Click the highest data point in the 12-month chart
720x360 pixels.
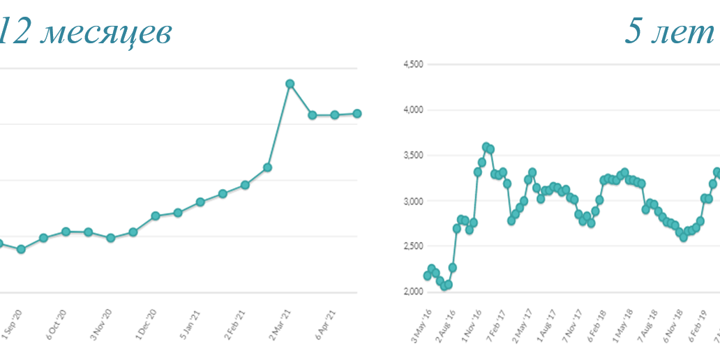pyautogui.click(x=290, y=84)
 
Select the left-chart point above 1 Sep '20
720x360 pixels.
pyautogui.click(x=21, y=249)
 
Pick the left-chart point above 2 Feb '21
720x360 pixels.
pyautogui.click(x=245, y=185)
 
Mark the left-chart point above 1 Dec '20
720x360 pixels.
pyautogui.click(x=156, y=216)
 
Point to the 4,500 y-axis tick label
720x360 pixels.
pyautogui.click(x=414, y=64)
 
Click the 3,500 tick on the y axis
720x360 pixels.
pyautogui.click(x=414, y=156)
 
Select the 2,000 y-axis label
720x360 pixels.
pyautogui.click(x=414, y=292)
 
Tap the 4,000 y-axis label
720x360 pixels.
pyautogui.click(x=414, y=110)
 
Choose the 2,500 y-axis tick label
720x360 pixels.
pyautogui.click(x=414, y=246)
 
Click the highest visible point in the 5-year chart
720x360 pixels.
pyautogui.click(x=486, y=147)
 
